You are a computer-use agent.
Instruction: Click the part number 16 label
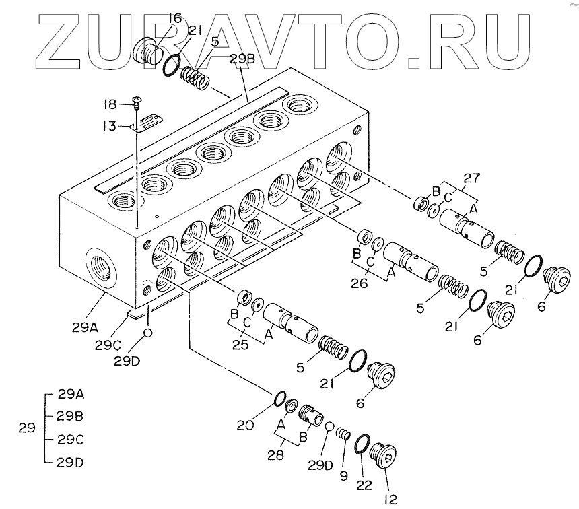coord(174,18)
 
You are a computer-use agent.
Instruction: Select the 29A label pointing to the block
coord(86,328)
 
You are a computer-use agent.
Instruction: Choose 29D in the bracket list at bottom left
coord(70,463)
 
